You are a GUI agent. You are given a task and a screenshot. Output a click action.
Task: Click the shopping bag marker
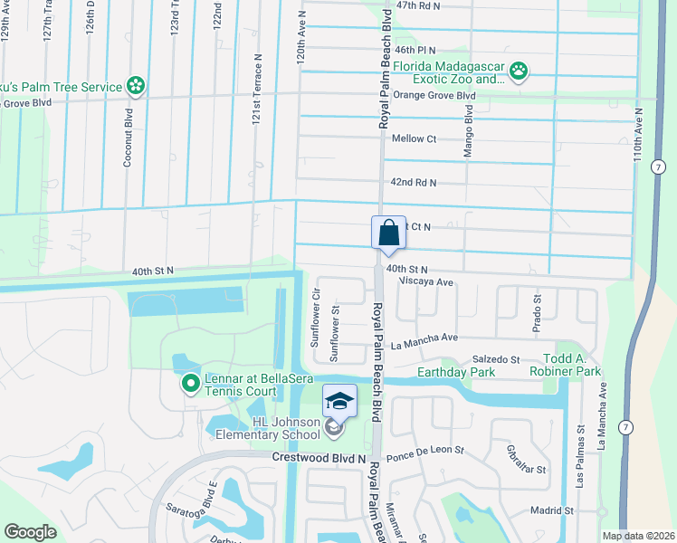[x=388, y=233]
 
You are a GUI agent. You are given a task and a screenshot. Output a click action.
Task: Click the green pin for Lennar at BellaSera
[x=190, y=384]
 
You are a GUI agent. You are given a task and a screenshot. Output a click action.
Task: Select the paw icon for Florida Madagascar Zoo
[x=519, y=71]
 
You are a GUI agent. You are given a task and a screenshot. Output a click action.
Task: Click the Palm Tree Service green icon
[x=136, y=87]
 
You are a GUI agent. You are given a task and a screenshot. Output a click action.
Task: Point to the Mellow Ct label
[x=415, y=138]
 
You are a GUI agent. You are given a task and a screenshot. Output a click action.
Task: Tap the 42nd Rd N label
[x=414, y=183]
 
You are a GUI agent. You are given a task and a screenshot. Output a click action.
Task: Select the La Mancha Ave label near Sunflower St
[x=425, y=341]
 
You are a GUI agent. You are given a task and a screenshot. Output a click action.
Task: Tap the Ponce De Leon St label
[x=424, y=450]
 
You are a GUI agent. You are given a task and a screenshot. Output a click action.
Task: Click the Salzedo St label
[x=496, y=359]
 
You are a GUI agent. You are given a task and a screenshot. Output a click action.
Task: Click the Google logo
[x=31, y=532]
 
